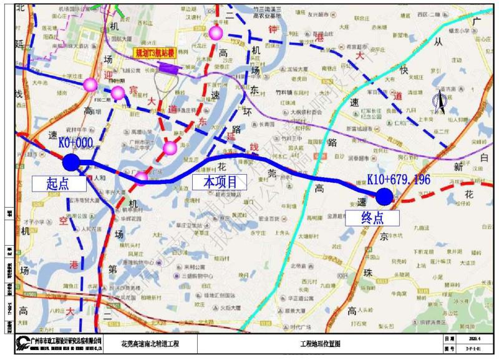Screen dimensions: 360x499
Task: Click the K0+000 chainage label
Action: tap(75, 143)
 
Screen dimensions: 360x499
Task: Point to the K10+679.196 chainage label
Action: tap(399, 180)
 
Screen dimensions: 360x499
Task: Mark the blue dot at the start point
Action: tap(71, 162)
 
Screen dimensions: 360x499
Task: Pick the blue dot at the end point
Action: tap(384, 197)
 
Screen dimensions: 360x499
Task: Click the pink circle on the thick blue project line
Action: tap(142, 179)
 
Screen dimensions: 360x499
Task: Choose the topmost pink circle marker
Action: tap(216, 32)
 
